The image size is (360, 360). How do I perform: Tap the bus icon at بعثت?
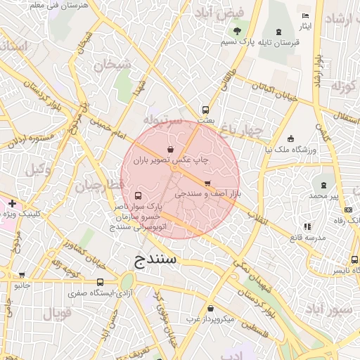point(205,110)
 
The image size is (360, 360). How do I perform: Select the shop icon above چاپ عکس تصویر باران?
point(170,149)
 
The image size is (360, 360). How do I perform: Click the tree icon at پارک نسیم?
point(237,30)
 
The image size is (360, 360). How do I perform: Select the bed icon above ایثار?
point(305,15)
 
